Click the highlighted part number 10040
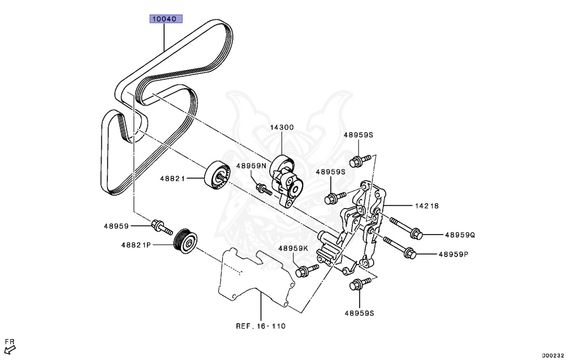point(165,19)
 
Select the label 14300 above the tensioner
point(281,128)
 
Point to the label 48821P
point(136,245)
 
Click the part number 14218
point(427,206)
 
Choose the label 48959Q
point(460,235)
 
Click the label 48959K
point(293,248)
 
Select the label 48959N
point(250,166)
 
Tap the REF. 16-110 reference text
point(261,326)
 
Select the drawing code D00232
point(553,355)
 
